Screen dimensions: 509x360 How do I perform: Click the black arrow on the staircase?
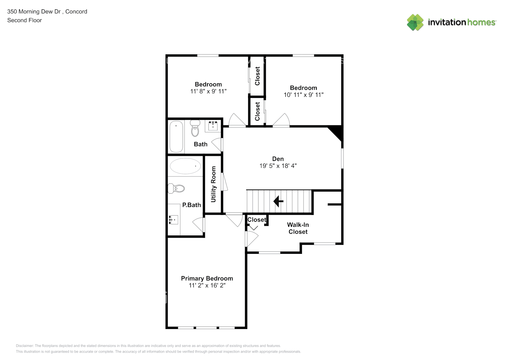(278, 201)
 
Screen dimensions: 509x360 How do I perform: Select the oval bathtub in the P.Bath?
(185, 166)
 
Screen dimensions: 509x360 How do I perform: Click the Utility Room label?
(213, 184)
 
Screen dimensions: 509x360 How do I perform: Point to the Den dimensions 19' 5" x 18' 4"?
(278, 166)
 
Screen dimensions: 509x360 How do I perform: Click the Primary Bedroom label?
(207, 278)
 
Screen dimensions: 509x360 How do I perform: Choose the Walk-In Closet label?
(298, 228)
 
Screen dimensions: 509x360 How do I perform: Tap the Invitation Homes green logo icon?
(415, 22)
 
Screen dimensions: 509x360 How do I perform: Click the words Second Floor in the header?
(24, 20)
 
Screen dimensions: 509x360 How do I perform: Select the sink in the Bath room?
(213, 126)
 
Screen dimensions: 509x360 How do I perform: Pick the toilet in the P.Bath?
(176, 188)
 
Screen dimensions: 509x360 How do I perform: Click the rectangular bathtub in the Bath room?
(176, 136)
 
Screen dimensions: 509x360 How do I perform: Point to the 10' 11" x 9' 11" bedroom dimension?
(303, 95)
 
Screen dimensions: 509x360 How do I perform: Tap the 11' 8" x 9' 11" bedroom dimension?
(208, 91)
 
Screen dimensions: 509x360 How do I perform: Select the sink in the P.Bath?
(174, 220)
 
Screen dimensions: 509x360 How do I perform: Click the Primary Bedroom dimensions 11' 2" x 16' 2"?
(207, 285)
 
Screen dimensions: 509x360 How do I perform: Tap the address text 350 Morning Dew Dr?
(34, 12)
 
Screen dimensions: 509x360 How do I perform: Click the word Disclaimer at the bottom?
(24, 346)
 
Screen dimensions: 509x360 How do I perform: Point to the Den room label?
(278, 159)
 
